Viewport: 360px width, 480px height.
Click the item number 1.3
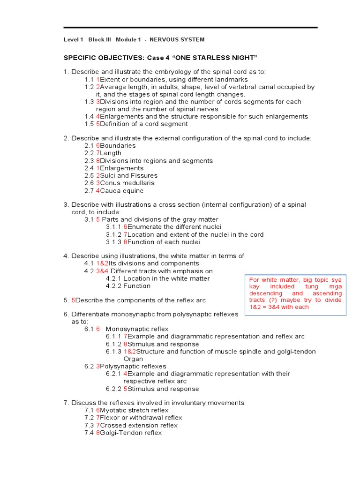[89, 102]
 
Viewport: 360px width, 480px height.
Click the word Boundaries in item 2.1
[118, 145]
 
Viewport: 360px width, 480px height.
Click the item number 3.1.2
[114, 234]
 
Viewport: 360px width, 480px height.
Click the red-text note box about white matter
[295, 295]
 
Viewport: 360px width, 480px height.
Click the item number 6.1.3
[114, 352]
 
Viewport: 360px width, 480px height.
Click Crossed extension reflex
[139, 425]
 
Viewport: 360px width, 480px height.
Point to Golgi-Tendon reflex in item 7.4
[131, 433]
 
